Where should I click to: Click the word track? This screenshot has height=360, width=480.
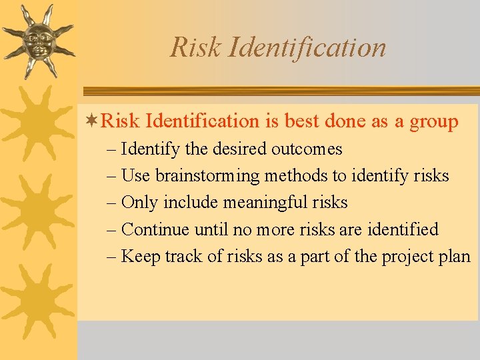177,257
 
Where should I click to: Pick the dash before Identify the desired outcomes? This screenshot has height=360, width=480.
111,149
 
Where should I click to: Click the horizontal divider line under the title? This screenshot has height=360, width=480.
280,91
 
